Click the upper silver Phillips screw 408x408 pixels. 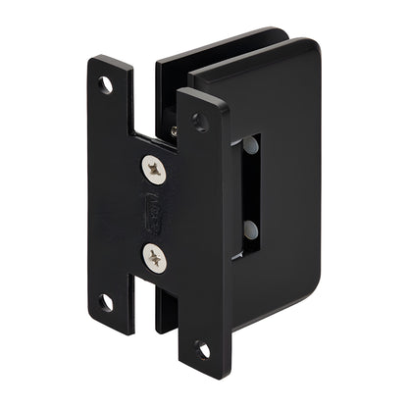pyautogui.click(x=156, y=173)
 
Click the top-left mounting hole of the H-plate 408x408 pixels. pyautogui.click(x=105, y=85)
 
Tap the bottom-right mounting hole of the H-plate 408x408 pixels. pyautogui.click(x=203, y=350)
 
